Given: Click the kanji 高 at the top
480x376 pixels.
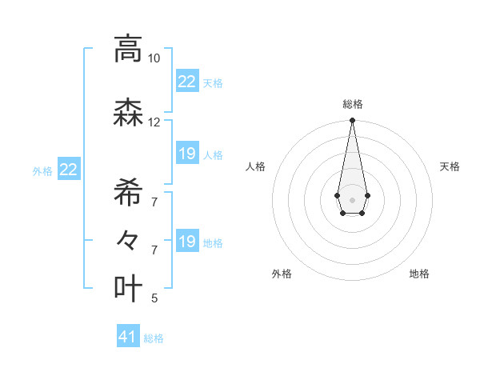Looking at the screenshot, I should (x=128, y=49).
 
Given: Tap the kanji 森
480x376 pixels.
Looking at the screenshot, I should (x=128, y=113).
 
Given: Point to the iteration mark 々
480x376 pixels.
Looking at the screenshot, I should (x=128, y=239).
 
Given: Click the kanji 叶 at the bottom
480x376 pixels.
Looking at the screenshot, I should (x=128, y=288).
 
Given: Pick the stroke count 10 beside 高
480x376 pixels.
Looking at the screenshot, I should (x=154, y=58).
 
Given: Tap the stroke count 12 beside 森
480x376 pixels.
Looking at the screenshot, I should (x=154, y=122).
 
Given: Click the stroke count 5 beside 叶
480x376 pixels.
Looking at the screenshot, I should (x=154, y=298).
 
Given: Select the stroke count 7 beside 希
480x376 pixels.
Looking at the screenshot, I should (x=154, y=202).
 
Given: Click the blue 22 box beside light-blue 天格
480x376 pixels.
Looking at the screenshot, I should (x=186, y=82).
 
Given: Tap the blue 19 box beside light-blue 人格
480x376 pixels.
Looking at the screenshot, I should (x=186, y=154).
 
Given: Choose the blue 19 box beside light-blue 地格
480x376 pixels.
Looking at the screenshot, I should (x=186, y=242).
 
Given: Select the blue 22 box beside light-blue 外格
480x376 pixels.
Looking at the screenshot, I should (x=68, y=170).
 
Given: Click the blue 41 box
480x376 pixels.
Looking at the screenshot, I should (x=128, y=337).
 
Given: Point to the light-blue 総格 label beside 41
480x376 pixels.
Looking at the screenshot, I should (x=154, y=338).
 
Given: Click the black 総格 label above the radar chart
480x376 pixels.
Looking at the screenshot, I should (x=352, y=104).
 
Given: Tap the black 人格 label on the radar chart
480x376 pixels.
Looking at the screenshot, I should (x=256, y=166).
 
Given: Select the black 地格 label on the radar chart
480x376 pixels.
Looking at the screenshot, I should (x=419, y=274).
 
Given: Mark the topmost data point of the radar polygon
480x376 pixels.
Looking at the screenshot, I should (x=352, y=121).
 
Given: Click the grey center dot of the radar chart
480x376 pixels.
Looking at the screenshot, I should (x=352, y=199).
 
